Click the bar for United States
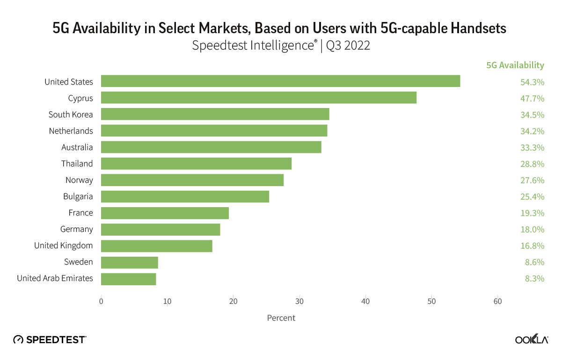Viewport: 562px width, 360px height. coord(280,81)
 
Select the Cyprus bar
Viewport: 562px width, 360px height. coord(259,98)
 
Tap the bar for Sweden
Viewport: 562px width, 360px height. coord(130,262)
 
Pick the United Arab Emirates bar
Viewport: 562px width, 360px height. coord(129,279)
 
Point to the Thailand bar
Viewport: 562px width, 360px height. coord(196,164)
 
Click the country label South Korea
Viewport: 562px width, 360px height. coord(71,115)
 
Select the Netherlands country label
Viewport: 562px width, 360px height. coord(71,131)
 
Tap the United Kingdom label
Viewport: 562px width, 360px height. coord(64,245)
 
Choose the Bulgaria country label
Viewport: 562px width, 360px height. coord(78,196)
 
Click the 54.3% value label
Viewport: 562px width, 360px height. coord(532,82)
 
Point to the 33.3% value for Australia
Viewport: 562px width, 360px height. coord(532,148)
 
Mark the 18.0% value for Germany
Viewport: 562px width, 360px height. coord(532,230)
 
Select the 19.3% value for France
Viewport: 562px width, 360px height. coord(532,213)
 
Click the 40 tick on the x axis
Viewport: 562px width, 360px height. coord(365,302)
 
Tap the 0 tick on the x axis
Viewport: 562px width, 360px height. coord(101,302)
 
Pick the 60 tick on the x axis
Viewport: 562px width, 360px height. coord(498,302)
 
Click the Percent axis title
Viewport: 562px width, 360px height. coord(281,318)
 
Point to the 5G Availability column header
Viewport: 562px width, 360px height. coord(515,65)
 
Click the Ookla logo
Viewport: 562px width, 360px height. coord(532,340)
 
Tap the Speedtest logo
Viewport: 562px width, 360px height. coord(50,340)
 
